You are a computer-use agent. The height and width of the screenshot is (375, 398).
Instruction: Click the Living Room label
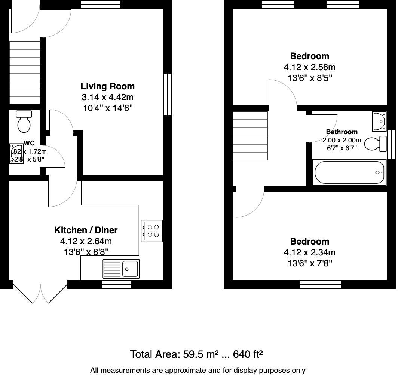click(x=107, y=86)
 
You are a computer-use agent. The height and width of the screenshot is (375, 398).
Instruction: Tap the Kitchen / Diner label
click(x=86, y=230)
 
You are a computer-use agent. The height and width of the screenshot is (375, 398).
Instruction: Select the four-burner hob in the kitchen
click(x=152, y=231)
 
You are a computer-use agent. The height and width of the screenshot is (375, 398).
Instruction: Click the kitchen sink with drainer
click(x=121, y=269)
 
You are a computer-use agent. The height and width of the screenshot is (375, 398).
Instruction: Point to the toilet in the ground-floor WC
click(x=24, y=121)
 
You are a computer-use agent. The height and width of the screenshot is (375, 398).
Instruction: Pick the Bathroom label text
click(x=342, y=132)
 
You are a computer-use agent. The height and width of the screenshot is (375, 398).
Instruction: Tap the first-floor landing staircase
click(x=250, y=136)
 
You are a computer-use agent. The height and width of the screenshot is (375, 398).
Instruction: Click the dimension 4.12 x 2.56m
click(x=309, y=67)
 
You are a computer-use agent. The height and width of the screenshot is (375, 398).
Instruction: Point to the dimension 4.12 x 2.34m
click(x=309, y=252)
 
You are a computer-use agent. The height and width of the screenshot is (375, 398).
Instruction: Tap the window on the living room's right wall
click(x=168, y=94)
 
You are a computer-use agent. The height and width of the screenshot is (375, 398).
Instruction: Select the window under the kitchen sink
click(x=117, y=285)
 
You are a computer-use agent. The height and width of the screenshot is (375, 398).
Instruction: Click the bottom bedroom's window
click(x=321, y=285)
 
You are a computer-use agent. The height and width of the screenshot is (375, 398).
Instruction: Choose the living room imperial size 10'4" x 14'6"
click(x=107, y=108)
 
